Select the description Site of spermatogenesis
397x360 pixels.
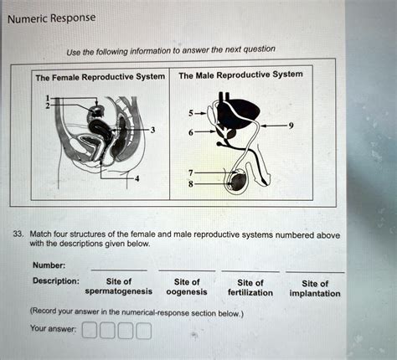coord(118,286)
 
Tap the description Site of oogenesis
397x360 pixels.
coord(186,286)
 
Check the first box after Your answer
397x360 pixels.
coord(89,332)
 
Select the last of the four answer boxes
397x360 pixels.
coord(144,332)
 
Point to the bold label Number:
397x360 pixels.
coord(49,265)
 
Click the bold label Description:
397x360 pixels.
coord(54,280)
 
